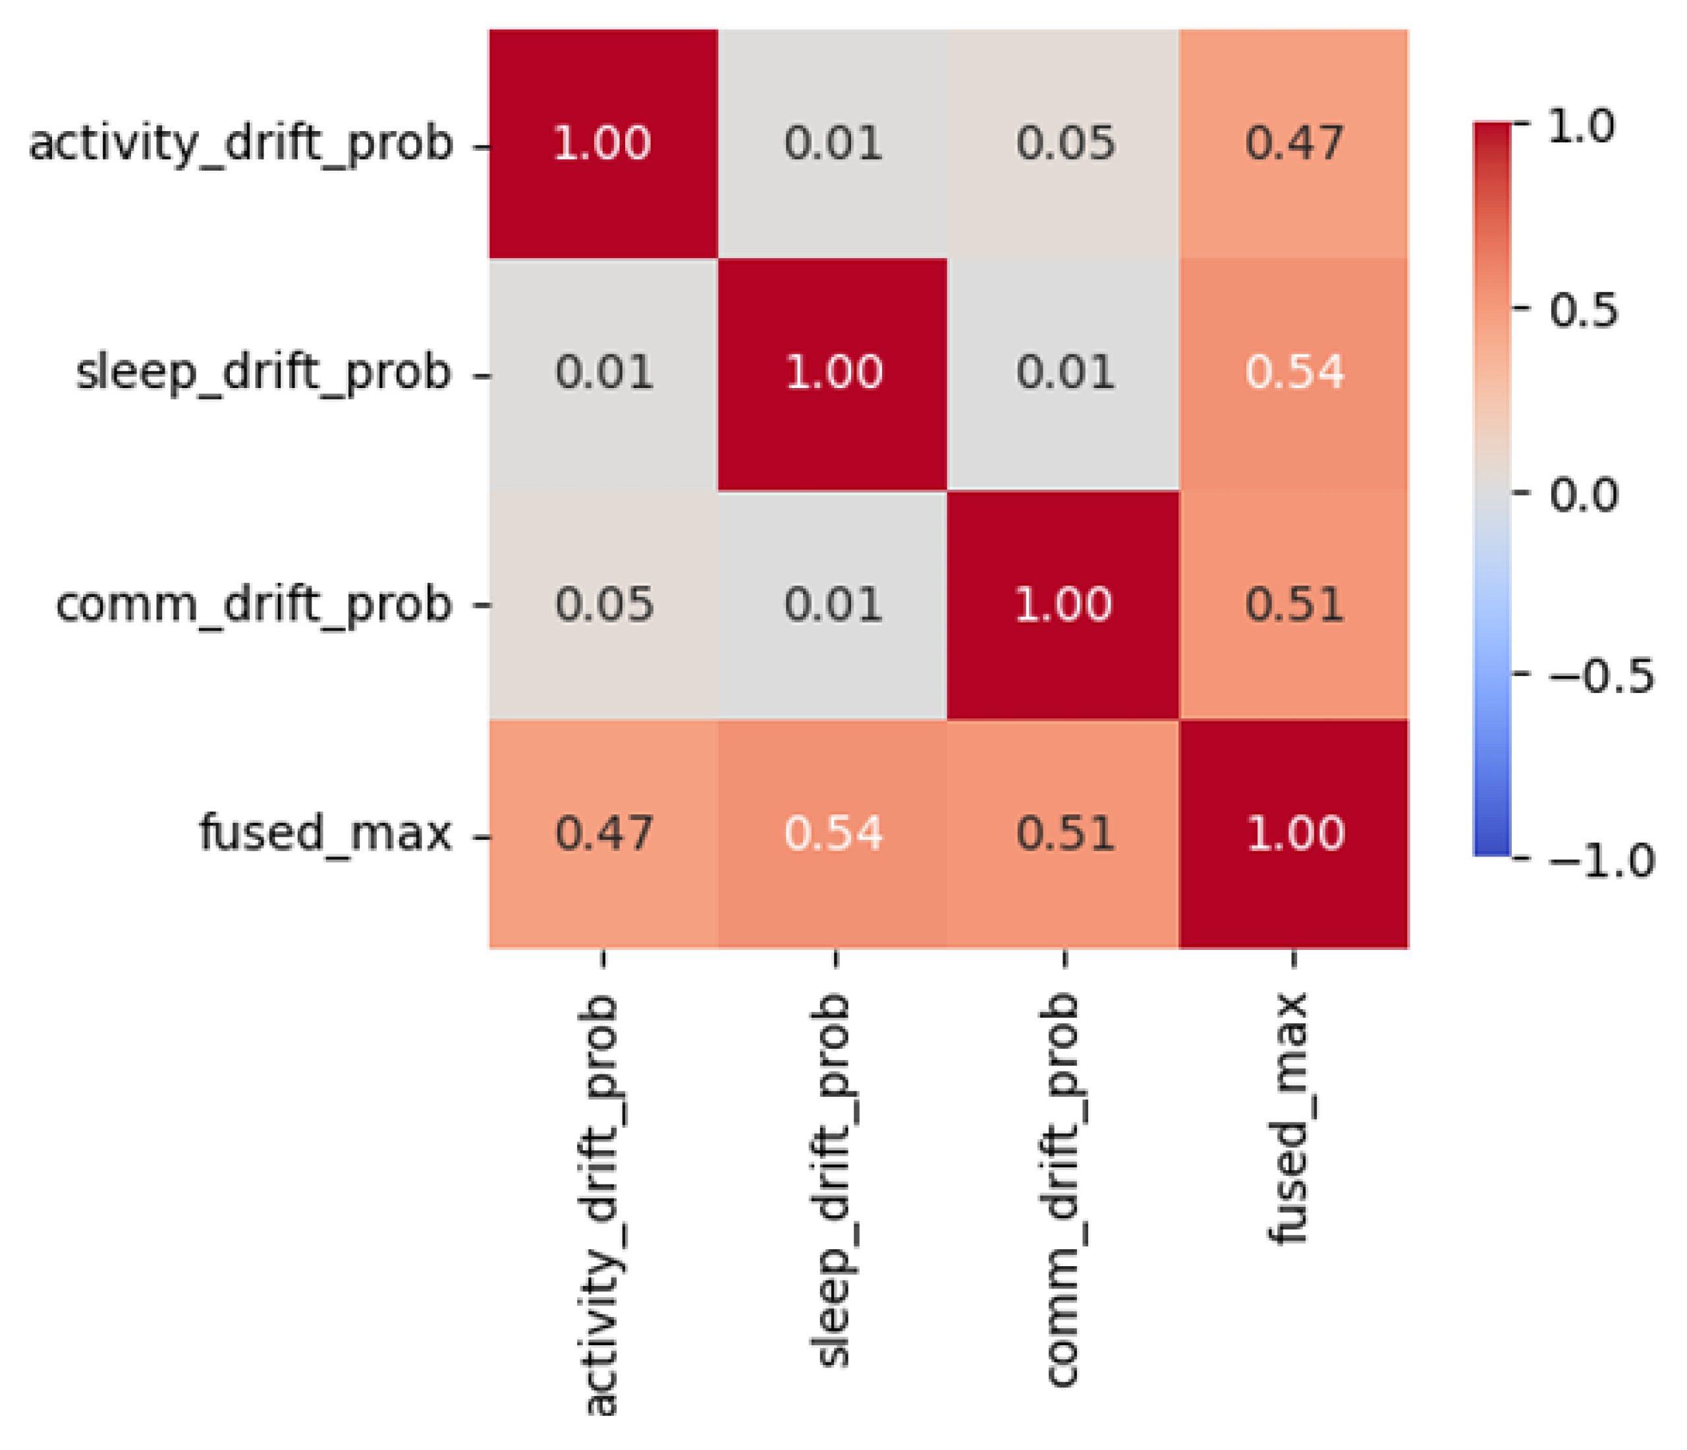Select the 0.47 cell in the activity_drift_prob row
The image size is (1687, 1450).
click(1294, 144)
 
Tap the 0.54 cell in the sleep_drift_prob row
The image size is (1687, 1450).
click(1294, 374)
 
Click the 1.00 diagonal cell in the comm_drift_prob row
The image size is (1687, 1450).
click(1063, 605)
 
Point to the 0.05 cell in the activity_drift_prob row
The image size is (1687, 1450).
click(1063, 144)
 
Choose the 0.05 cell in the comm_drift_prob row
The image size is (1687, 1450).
click(603, 605)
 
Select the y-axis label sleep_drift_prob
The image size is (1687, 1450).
click(263, 374)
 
